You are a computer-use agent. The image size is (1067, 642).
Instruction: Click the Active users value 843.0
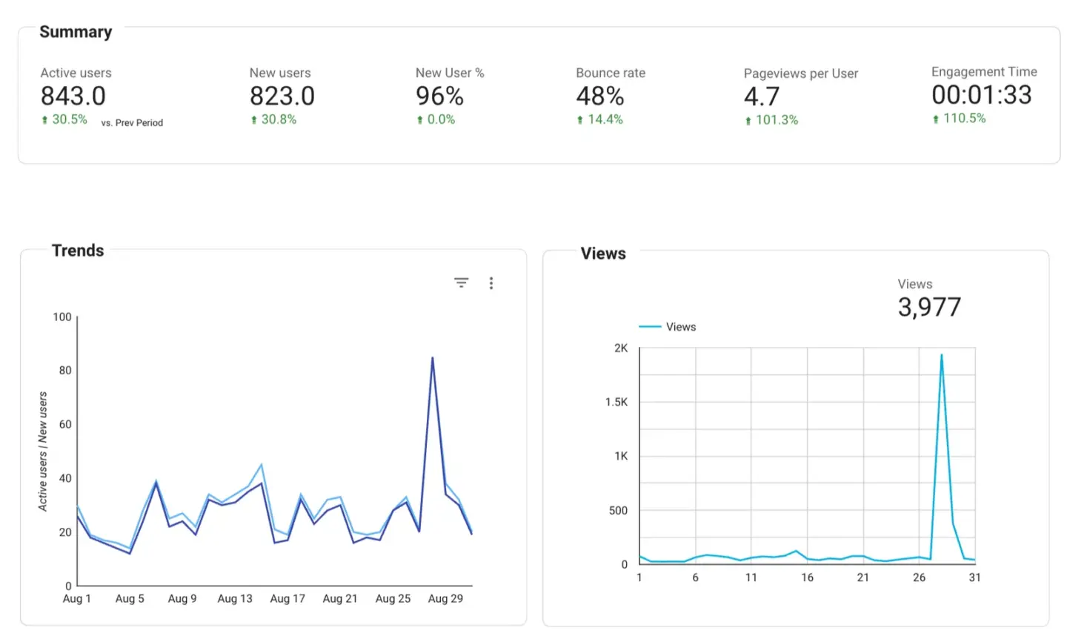point(73,96)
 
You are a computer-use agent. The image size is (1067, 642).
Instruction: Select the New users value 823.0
point(282,96)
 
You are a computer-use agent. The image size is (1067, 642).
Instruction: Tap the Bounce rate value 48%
point(599,96)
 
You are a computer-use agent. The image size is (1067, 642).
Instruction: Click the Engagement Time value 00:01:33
point(981,95)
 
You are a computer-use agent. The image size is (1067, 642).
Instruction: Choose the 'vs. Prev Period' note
point(132,123)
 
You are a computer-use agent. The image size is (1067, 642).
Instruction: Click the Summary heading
point(76,32)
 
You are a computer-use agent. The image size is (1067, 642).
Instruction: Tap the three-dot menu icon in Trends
point(491,283)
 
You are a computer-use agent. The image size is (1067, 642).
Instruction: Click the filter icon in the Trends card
point(461,282)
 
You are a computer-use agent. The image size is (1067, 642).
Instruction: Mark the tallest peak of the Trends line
point(432,359)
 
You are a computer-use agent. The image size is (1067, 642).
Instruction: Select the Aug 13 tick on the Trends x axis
point(235,598)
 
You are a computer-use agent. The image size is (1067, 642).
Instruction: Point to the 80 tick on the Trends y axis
point(65,370)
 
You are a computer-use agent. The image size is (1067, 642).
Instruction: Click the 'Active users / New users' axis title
point(43,451)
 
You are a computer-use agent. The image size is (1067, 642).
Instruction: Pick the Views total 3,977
point(929,307)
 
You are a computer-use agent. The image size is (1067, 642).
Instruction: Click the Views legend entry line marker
point(650,327)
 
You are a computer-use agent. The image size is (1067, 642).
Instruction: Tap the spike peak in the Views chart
point(941,355)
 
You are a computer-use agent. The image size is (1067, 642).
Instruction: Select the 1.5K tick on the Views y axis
point(616,402)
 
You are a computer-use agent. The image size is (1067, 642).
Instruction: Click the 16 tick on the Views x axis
point(807,578)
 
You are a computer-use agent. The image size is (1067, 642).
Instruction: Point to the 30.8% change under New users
point(279,119)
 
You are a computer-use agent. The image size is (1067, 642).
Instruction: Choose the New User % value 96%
point(439,96)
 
